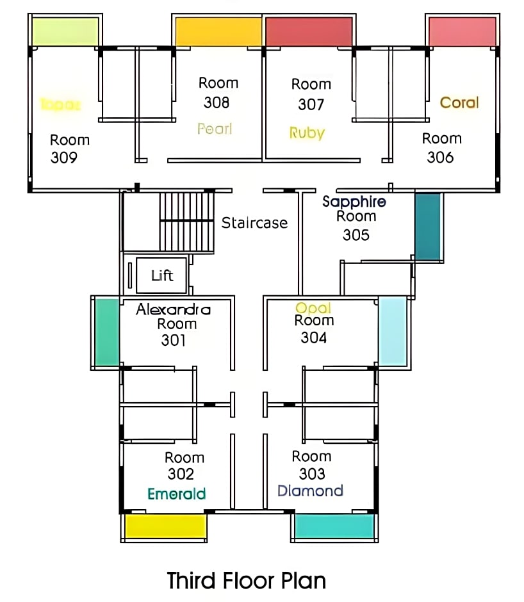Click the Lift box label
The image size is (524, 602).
coord(162,275)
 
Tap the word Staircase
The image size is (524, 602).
coord(254,223)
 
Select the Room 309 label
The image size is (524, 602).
coord(69,149)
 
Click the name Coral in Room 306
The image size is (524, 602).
coord(459,102)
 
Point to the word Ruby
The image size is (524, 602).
coord(307,133)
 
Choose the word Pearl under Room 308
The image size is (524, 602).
coord(215,129)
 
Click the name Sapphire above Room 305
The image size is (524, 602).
coord(354,202)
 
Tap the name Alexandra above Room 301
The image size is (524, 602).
coord(173,309)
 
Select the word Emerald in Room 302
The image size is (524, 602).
coord(177,494)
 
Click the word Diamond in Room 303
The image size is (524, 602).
coord(311,491)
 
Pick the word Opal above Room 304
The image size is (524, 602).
coord(313,308)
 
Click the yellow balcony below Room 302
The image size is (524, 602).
coord(165,526)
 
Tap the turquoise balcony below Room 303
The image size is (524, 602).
coord(334,526)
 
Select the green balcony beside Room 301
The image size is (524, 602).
coord(107,332)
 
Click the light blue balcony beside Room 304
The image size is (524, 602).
coord(393,331)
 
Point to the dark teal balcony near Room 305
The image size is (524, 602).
coord(427,226)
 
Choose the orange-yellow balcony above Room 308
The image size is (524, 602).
coord(218,31)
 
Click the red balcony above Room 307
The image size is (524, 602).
coord(309,31)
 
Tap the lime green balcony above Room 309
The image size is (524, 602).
coord(65,31)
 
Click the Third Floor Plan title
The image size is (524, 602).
coord(247,581)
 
